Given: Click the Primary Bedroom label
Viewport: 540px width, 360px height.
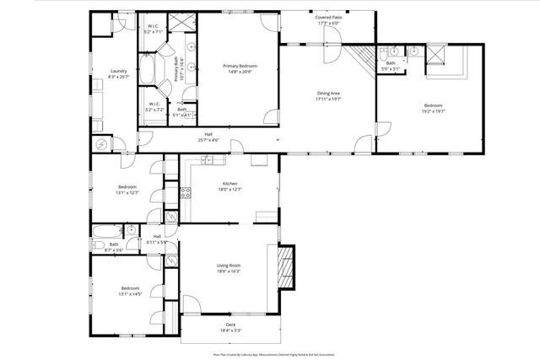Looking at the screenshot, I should tap(240, 66).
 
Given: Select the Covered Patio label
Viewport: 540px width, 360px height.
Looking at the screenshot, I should tap(328, 16).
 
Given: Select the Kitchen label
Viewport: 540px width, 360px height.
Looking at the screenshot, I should tap(229, 183).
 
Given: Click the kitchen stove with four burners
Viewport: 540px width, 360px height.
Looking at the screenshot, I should tap(186, 192).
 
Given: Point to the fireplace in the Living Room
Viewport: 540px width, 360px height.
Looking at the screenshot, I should tap(285, 266).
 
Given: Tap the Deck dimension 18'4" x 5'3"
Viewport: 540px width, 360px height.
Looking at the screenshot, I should tap(230, 330).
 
